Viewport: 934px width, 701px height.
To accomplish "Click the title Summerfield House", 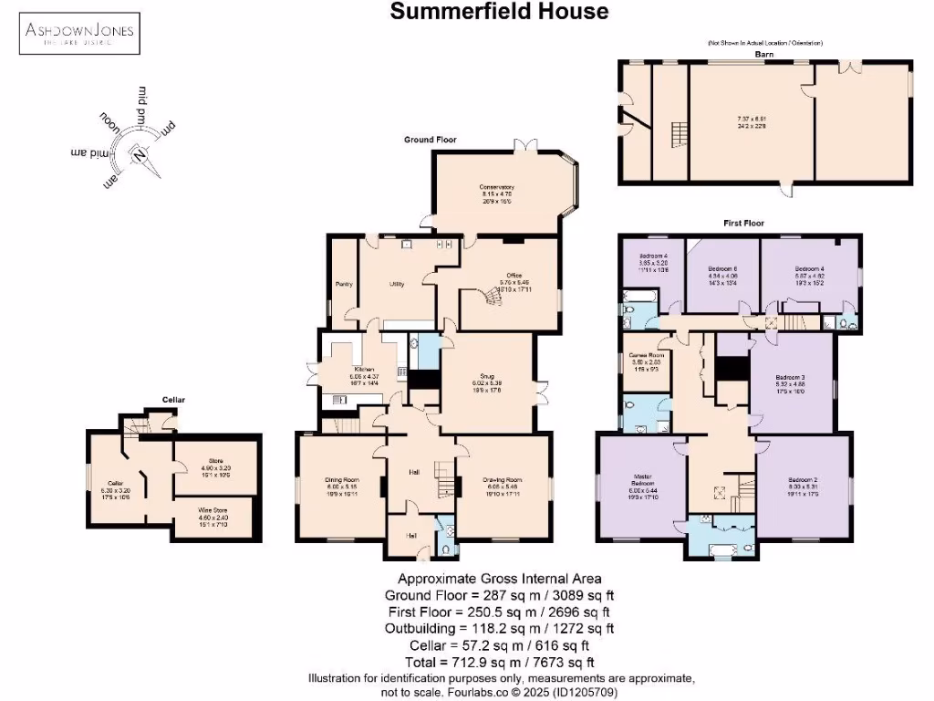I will [x=499, y=12].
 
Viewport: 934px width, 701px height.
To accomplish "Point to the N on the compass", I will [x=138, y=156].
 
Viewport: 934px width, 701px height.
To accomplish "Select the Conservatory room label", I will [x=497, y=187].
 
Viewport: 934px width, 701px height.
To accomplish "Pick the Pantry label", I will [x=344, y=284].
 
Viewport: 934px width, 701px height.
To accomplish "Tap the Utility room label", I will [x=397, y=284].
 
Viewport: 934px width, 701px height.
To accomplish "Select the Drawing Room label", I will [x=503, y=479].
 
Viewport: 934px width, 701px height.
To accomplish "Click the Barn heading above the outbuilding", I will [x=763, y=54].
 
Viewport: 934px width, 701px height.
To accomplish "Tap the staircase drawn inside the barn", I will [x=677, y=136].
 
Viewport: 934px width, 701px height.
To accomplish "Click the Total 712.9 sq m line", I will [x=499, y=662].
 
